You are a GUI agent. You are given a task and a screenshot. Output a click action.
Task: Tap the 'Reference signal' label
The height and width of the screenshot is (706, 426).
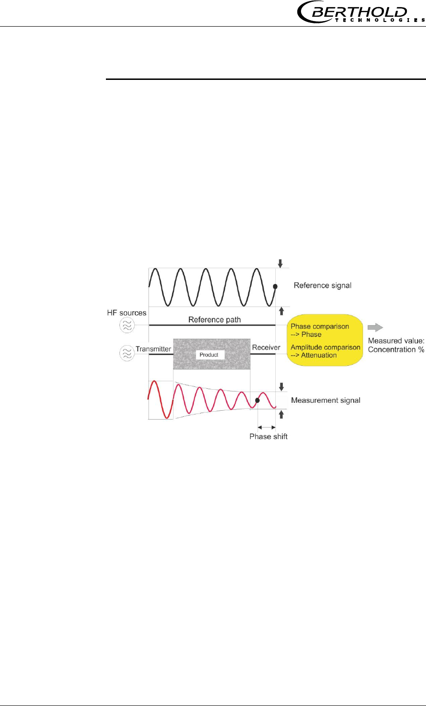tap(322, 285)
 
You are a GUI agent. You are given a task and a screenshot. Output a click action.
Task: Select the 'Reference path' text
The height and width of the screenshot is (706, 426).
tap(214, 320)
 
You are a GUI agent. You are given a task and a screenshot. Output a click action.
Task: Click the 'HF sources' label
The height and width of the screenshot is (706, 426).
tap(126, 313)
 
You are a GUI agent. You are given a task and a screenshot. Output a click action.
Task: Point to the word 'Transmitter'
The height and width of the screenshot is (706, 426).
tap(153, 349)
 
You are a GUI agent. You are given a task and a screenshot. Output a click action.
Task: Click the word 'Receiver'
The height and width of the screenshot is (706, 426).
tap(266, 347)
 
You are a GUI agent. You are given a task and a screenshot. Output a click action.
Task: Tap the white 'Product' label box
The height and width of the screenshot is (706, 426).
tap(209, 355)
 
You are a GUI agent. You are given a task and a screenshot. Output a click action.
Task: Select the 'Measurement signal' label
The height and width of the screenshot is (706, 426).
tap(325, 400)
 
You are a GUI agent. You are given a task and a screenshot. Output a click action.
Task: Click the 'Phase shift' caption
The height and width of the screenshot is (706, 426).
tap(268, 436)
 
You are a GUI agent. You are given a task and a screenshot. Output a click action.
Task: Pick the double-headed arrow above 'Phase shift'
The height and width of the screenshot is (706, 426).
tap(266, 427)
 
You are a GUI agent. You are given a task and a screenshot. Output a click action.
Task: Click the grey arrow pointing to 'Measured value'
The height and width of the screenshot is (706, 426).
tap(375, 327)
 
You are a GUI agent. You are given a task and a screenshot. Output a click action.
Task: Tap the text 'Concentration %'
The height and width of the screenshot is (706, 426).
tap(396, 349)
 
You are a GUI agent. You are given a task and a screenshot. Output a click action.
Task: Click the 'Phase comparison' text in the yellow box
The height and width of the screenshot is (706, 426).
tap(320, 327)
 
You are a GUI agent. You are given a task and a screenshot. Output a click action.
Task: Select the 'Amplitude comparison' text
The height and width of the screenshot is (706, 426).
tap(325, 347)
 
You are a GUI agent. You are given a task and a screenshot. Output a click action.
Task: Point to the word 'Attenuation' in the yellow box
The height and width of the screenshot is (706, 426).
tap(319, 355)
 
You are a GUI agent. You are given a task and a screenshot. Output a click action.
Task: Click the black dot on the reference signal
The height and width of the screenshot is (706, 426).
tap(275, 286)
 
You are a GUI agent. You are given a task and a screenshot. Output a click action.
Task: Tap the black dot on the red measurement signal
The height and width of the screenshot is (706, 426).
tap(257, 400)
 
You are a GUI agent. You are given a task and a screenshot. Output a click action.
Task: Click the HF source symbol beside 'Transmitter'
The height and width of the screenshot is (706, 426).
tap(126, 353)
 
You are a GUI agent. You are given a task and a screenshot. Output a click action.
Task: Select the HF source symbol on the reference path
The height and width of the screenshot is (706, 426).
tap(126, 325)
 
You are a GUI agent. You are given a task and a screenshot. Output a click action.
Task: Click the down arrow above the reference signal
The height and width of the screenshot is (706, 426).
tap(280, 264)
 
